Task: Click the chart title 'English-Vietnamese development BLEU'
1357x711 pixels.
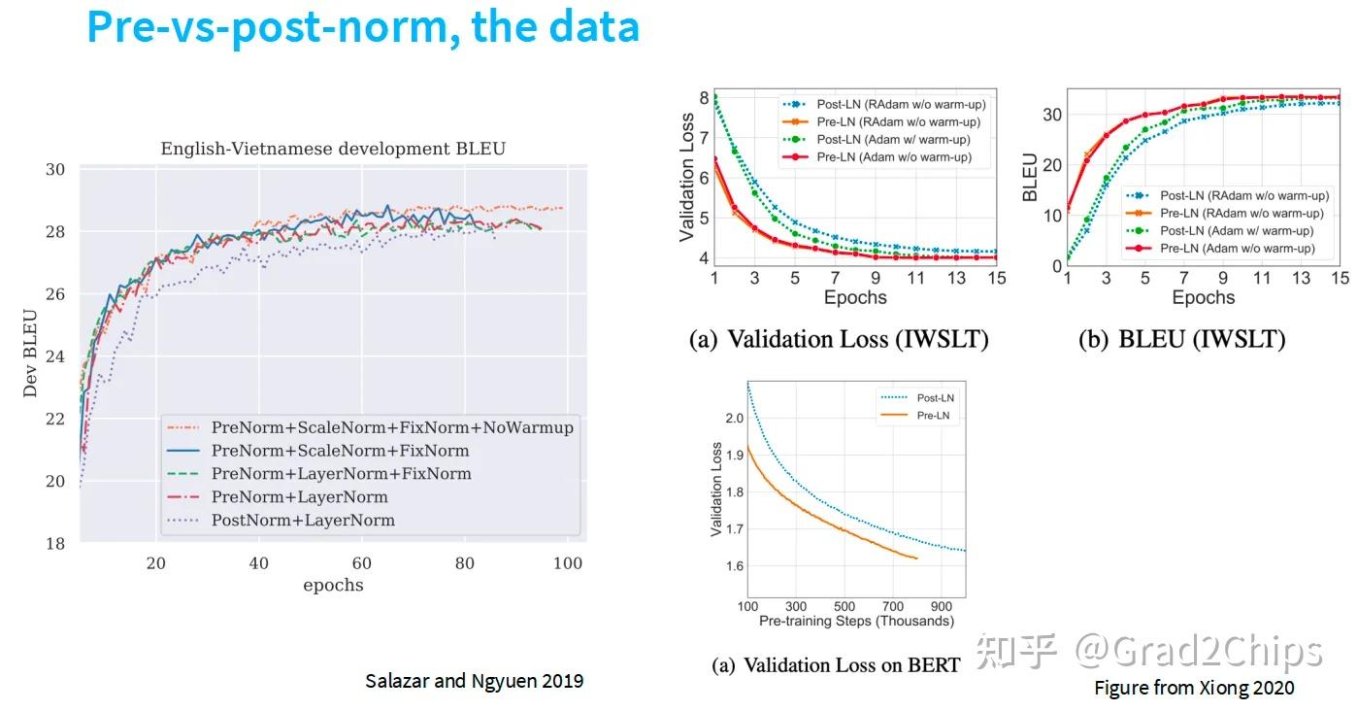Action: coord(333,149)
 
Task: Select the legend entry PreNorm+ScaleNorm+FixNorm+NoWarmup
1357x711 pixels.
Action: coord(392,427)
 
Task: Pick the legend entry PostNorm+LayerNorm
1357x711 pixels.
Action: coord(303,520)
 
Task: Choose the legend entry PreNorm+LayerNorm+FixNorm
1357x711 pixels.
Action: coord(341,474)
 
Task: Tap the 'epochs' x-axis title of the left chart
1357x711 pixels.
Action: coord(333,585)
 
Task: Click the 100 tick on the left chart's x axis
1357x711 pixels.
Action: coord(567,563)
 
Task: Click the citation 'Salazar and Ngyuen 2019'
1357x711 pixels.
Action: coord(474,681)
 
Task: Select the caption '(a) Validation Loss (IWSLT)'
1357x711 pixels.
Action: coord(839,339)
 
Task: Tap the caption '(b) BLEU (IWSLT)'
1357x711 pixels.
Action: coord(1181,339)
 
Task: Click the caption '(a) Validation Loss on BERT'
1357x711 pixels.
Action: coord(836,665)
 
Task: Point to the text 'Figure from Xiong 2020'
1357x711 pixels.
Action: coord(1194,688)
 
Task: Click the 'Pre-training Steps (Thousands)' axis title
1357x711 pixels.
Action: coord(856,621)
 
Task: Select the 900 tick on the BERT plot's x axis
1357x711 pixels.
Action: coord(942,606)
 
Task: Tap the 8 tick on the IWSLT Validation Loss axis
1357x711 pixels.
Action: coord(705,98)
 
